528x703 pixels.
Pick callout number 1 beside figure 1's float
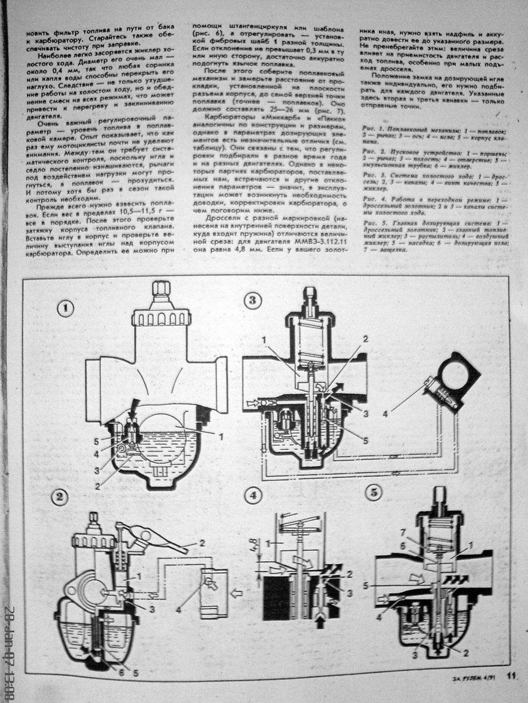(x=220, y=436)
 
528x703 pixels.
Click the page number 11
(x=512, y=687)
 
